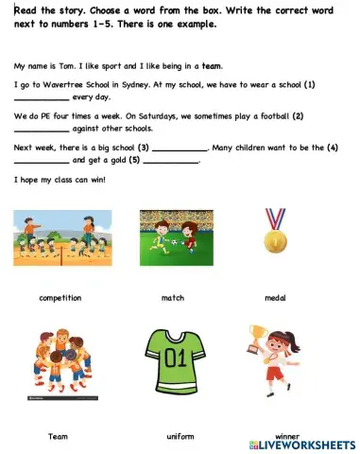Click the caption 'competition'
click(60, 298)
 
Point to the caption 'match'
click(172, 298)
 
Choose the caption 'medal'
click(275, 298)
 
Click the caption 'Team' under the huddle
click(58, 436)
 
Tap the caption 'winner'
click(274, 436)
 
